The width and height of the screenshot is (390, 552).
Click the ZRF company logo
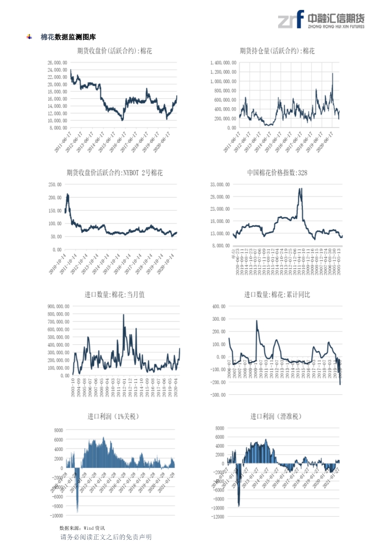(321, 20)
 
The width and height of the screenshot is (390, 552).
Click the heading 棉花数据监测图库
(68, 37)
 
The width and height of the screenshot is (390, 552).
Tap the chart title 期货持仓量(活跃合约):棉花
(277, 51)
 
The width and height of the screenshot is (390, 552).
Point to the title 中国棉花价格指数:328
(277, 173)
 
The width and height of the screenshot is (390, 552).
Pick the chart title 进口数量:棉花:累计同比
(277, 295)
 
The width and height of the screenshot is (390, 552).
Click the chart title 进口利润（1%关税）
(113, 416)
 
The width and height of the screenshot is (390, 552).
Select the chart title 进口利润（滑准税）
(276, 416)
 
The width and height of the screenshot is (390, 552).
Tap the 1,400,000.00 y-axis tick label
(222, 62)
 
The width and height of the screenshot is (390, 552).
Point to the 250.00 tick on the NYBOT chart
(55, 185)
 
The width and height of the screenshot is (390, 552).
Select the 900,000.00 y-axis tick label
(59, 306)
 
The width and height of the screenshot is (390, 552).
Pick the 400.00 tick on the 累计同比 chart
(219, 306)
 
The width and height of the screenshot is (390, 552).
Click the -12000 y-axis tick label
(217, 517)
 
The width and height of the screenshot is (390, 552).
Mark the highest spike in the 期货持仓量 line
(332, 73)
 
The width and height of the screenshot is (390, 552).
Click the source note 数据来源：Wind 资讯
(82, 527)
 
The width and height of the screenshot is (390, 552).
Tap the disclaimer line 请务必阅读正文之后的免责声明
(106, 537)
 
